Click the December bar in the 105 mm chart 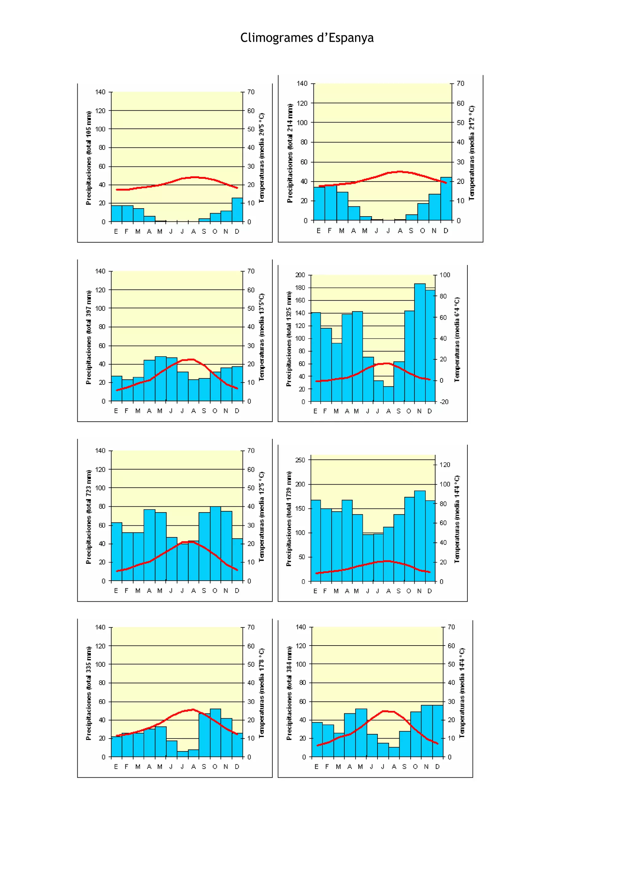(237, 210)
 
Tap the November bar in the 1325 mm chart (420, 343)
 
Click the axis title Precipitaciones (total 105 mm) (89, 158)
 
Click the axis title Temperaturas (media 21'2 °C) (471, 153)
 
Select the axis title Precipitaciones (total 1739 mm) (289, 519)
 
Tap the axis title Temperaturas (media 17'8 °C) (262, 693)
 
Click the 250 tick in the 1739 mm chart (300, 460)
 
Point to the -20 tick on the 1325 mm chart (444, 402)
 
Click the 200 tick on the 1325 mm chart (300, 275)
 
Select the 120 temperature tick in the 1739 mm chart (444, 464)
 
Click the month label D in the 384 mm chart (437, 767)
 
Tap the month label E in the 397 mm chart (116, 411)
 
